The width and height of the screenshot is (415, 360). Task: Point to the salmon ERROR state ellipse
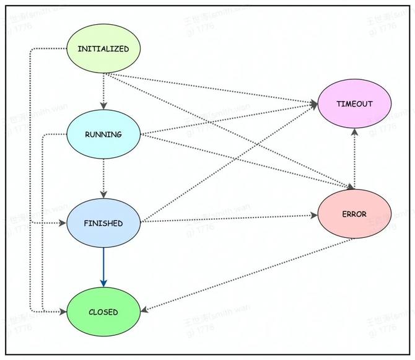pyautogui.click(x=354, y=214)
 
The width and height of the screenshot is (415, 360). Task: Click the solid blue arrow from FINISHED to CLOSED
pyautogui.click(x=103, y=266)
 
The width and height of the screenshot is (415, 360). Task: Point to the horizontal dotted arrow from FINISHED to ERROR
pyautogui.click(x=229, y=219)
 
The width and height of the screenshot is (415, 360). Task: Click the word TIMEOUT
pyautogui.click(x=354, y=103)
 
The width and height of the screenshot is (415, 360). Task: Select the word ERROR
pyautogui.click(x=354, y=214)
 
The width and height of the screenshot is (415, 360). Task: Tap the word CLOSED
pyautogui.click(x=103, y=312)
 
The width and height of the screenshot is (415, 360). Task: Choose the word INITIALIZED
pyautogui.click(x=103, y=49)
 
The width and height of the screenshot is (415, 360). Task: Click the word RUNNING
pyautogui.click(x=103, y=134)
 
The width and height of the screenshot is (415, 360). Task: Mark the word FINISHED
pyautogui.click(x=103, y=223)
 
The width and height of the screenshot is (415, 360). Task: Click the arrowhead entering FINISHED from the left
pyautogui.click(x=63, y=222)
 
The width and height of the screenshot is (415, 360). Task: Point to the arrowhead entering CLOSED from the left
pyautogui.click(x=63, y=312)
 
